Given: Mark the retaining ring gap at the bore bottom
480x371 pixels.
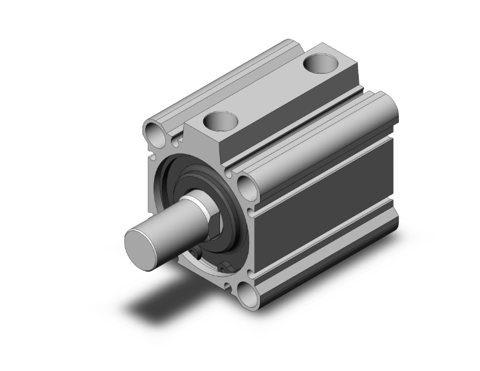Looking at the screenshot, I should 225,266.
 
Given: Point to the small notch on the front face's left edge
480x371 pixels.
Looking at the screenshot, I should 153,155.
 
